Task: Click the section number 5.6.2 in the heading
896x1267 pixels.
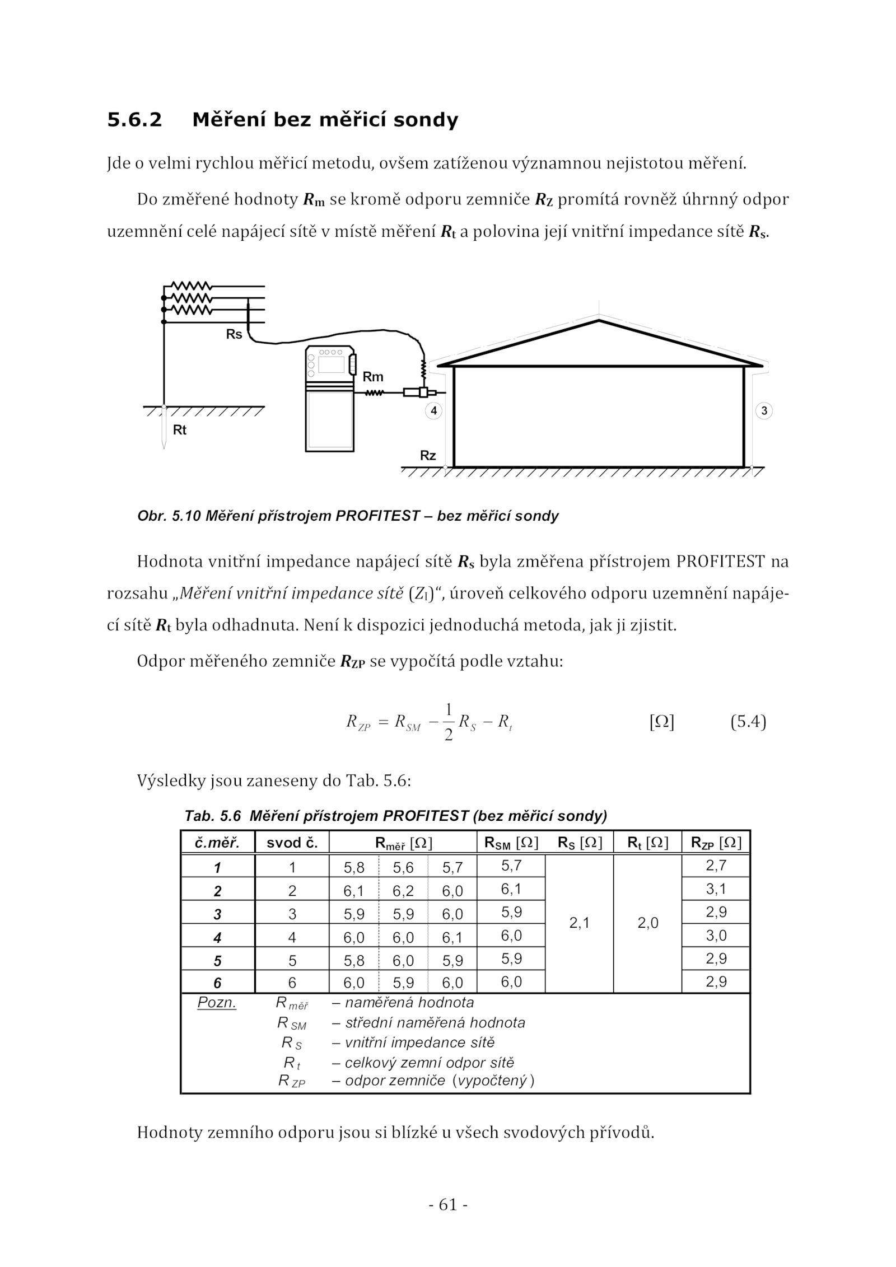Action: click(x=134, y=120)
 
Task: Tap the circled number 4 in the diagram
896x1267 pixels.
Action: click(x=433, y=411)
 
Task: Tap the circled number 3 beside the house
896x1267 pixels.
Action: click(x=764, y=411)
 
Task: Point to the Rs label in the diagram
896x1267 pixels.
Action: click(x=234, y=334)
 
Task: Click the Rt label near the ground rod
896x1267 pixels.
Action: click(x=179, y=430)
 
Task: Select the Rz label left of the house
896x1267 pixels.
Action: click(x=428, y=456)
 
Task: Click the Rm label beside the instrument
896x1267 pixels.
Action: click(x=373, y=377)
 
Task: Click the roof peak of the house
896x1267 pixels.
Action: click(x=599, y=320)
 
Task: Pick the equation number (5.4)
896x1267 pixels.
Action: click(x=748, y=722)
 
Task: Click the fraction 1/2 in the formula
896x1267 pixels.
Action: click(x=448, y=722)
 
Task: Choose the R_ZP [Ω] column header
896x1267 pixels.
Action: click(x=716, y=843)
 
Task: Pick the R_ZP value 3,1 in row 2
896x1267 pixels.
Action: click(x=716, y=889)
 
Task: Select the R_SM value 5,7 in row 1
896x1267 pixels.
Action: click(x=511, y=866)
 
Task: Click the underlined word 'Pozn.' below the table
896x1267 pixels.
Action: click(x=217, y=1003)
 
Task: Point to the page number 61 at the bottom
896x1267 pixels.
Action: click(x=448, y=1204)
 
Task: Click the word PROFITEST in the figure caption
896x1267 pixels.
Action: click(x=377, y=516)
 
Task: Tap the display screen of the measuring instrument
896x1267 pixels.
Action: click(x=331, y=364)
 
